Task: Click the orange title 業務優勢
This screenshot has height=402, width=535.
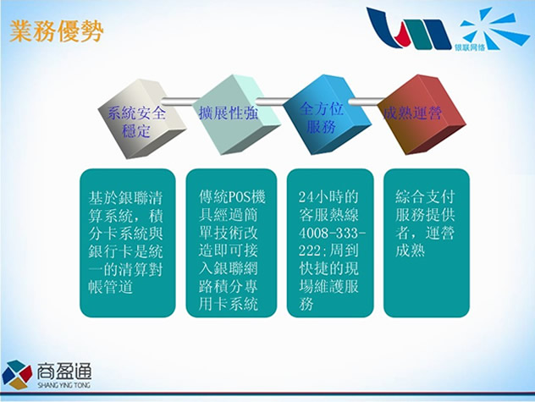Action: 57,31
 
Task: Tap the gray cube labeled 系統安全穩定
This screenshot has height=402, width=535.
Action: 142,118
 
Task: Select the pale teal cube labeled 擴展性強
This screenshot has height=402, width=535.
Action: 236,114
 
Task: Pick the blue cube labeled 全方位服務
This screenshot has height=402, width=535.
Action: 327,114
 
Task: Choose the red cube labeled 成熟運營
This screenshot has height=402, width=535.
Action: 422,114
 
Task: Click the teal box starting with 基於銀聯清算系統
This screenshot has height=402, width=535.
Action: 128,243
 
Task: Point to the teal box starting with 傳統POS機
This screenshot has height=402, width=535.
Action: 231,243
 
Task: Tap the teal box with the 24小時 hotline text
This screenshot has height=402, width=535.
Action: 330,243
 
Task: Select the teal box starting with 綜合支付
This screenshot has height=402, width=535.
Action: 427,243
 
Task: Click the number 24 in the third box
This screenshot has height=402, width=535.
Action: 306,197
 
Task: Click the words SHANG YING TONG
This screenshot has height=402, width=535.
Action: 64,385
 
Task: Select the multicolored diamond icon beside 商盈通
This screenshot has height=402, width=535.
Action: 17,375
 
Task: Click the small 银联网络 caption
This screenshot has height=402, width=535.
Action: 470,47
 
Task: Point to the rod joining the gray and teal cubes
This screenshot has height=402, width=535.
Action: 180,101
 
